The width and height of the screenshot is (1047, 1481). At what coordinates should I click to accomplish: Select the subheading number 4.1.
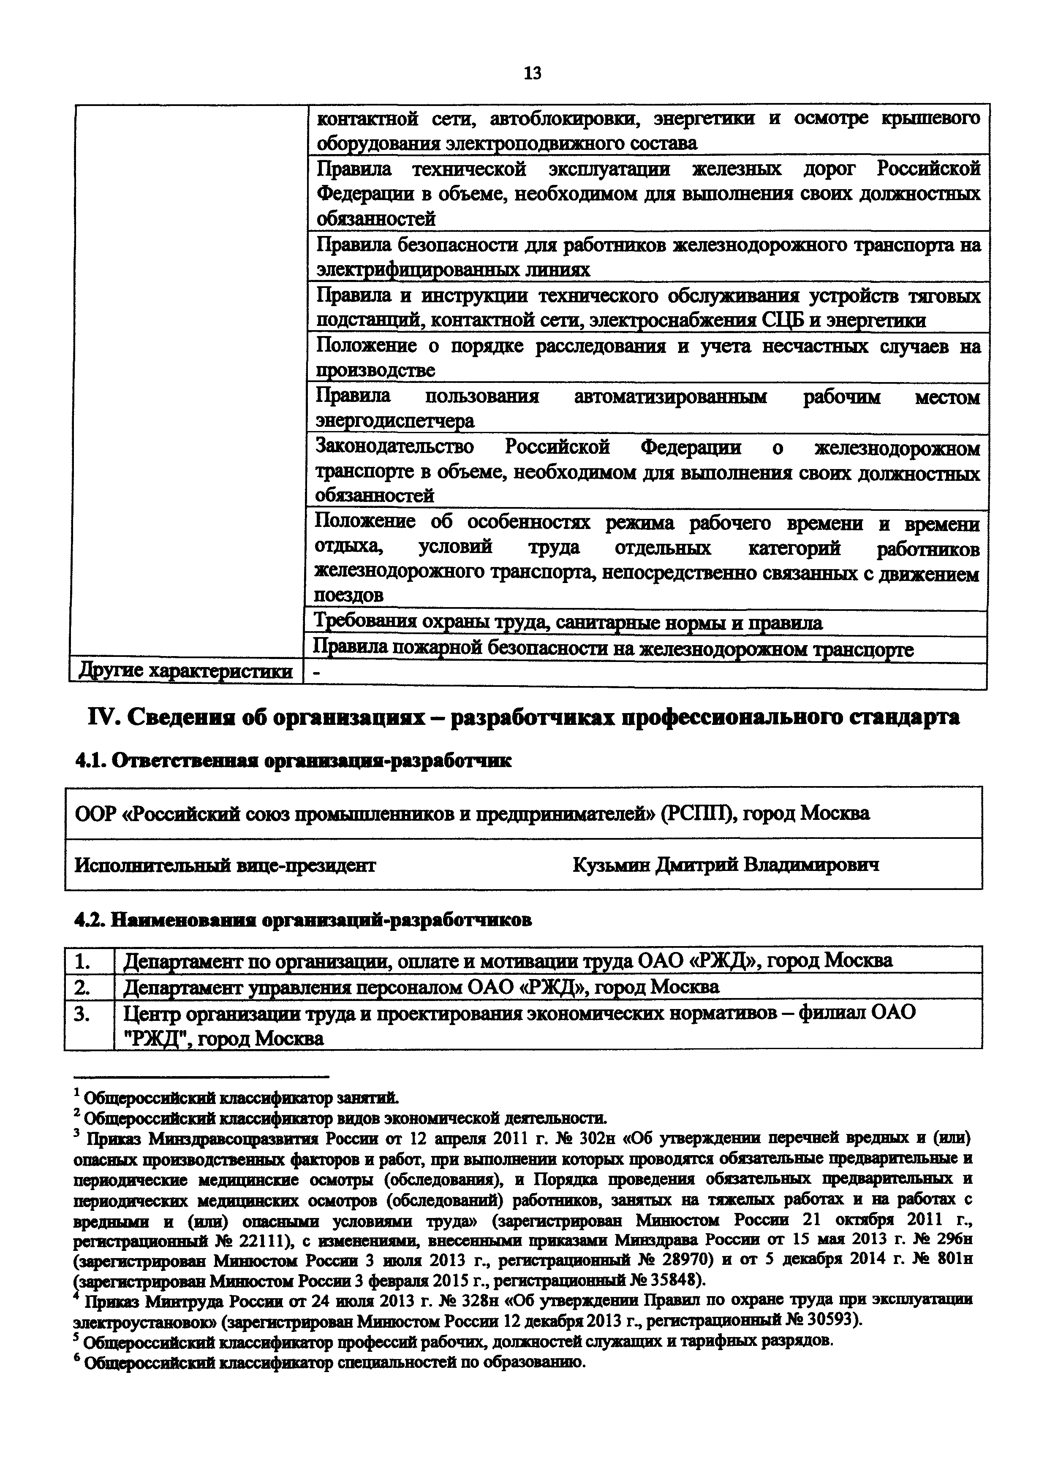pos(91,761)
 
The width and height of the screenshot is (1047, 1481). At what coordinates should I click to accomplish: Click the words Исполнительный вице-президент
pos(226,864)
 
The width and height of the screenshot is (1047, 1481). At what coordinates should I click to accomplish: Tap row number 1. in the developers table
pos(83,961)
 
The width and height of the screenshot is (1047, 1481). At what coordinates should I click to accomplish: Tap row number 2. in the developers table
pos(83,987)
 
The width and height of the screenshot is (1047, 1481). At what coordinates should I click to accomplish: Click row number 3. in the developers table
pos(83,1014)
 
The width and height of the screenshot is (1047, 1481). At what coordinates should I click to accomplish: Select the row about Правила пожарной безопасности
pos(613,648)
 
